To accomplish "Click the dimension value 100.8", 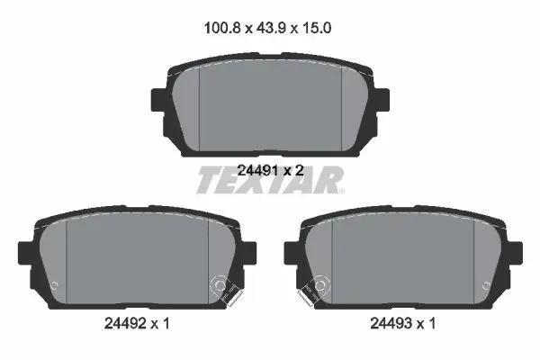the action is [222, 28].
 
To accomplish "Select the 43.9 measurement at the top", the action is [271, 28].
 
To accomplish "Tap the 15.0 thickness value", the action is [317, 28].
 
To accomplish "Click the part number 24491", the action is [257, 170].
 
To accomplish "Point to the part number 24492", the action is [125, 323].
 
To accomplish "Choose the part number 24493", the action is [391, 323].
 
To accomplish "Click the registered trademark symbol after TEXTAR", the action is [341, 191].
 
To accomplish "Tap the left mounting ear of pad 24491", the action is [159, 100].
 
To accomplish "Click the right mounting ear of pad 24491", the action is [382, 100].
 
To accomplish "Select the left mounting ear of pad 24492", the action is [26, 253].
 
